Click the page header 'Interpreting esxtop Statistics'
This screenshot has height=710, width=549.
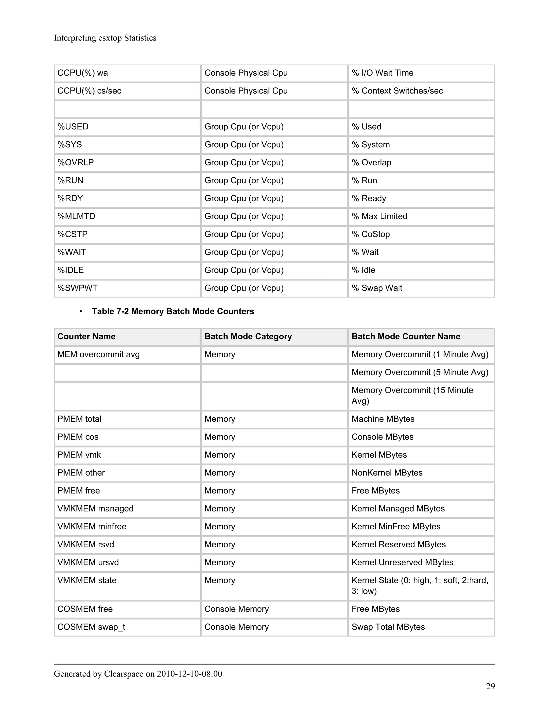(x=105, y=38)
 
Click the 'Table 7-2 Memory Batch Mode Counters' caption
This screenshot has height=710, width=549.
(x=173, y=311)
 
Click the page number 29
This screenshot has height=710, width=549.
(x=490, y=686)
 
